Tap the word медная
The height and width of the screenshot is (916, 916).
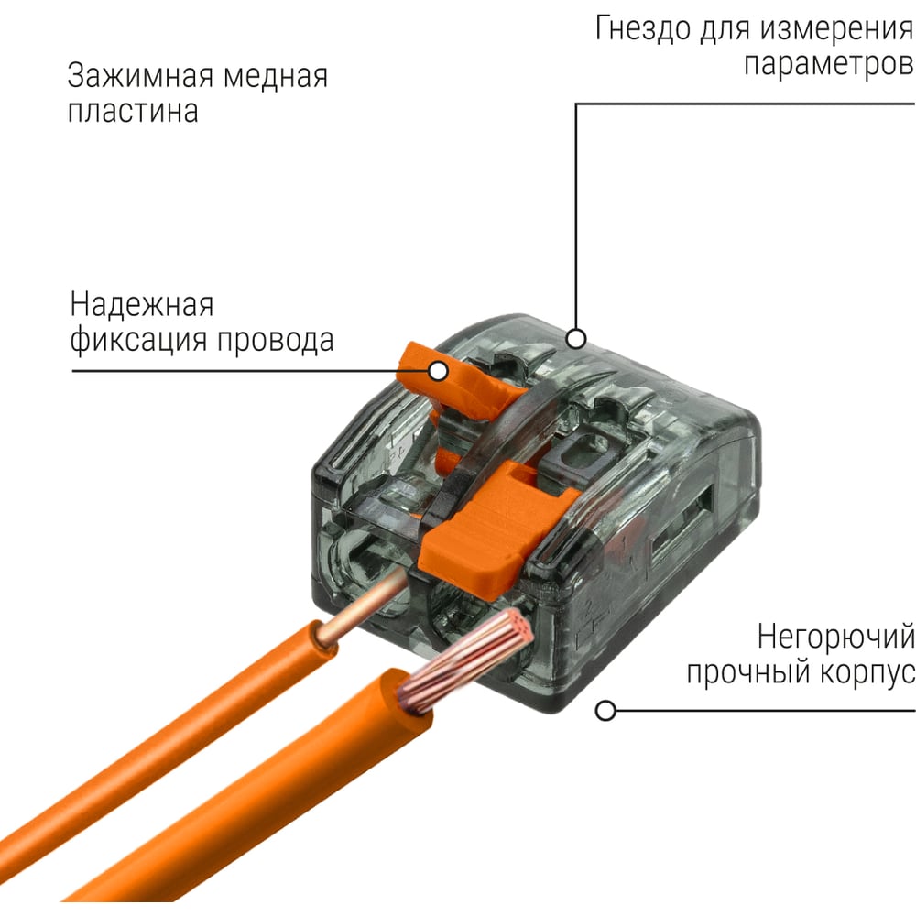click(x=276, y=76)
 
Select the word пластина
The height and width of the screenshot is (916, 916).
click(x=133, y=111)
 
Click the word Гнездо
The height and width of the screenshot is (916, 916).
click(x=643, y=28)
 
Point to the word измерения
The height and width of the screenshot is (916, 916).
click(x=836, y=28)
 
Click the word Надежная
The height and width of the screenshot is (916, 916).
click(x=142, y=304)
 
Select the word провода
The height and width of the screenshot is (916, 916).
click(x=276, y=341)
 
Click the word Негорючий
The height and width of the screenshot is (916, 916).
click(x=836, y=637)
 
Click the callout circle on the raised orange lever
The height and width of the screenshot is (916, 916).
click(x=438, y=371)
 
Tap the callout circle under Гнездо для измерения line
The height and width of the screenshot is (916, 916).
click(x=576, y=338)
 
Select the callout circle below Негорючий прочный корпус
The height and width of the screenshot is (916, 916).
click(x=605, y=711)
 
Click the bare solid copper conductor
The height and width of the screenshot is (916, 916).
click(x=362, y=607)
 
